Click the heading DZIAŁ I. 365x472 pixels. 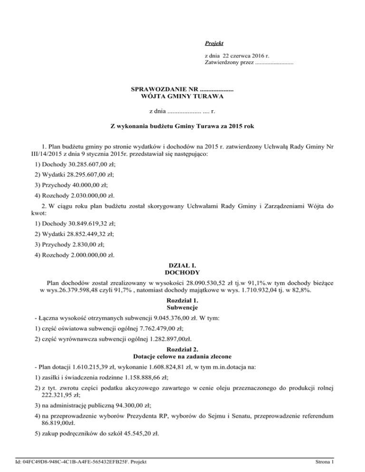[x=182, y=266]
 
